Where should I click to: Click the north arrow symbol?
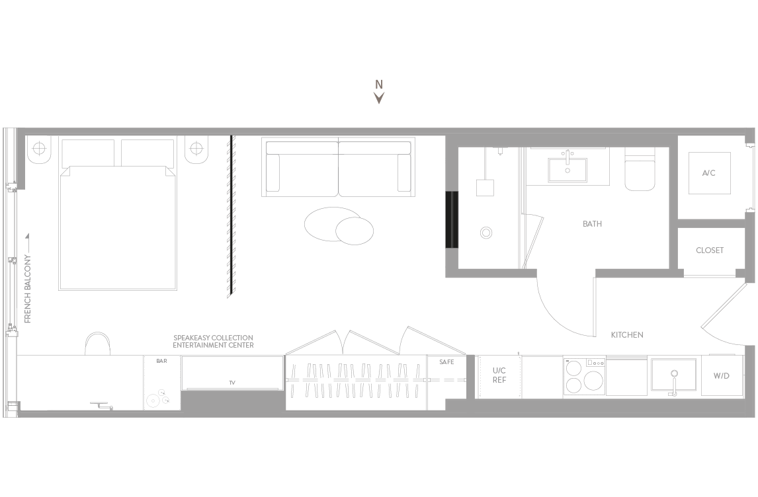(380, 98)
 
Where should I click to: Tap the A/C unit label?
(708, 173)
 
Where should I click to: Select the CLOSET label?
(710, 250)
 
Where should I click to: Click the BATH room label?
(592, 223)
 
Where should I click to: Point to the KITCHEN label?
(627, 334)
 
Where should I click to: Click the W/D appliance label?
(721, 376)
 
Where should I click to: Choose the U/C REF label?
(499, 375)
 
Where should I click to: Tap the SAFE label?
(446, 362)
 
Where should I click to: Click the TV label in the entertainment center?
(232, 383)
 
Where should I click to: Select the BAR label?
(161, 361)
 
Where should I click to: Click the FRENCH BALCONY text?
(28, 289)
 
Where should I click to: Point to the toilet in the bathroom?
(640, 169)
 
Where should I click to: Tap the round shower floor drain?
(486, 233)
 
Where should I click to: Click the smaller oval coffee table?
(355, 231)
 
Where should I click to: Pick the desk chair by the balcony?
(98, 344)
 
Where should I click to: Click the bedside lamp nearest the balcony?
(38, 149)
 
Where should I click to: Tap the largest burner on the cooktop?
(594, 380)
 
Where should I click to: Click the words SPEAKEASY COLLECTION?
(213, 338)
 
